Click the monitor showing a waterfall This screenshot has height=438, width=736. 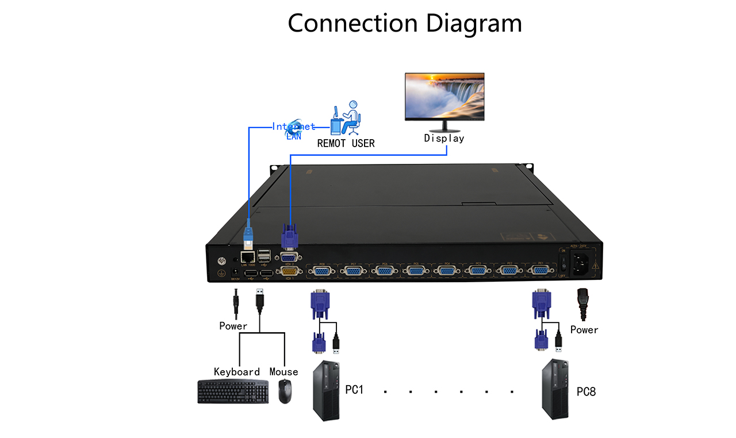[x=444, y=97]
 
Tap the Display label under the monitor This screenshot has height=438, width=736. [x=444, y=139]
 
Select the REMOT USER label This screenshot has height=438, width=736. [x=346, y=143]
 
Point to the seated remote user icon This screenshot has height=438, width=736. [x=347, y=117]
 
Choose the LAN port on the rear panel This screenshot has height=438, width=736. [x=248, y=258]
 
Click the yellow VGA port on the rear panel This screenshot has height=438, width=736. [x=289, y=272]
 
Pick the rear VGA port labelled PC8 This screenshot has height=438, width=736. [x=322, y=272]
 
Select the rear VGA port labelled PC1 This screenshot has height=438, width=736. [x=539, y=271]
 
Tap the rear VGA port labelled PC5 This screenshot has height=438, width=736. [x=415, y=272]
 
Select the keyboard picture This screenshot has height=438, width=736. [x=232, y=391]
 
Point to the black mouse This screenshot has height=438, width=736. [x=285, y=391]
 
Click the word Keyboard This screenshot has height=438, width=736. [x=237, y=372]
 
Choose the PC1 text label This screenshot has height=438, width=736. [x=354, y=390]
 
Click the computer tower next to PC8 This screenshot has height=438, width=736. [x=557, y=390]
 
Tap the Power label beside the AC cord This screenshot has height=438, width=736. [x=584, y=330]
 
